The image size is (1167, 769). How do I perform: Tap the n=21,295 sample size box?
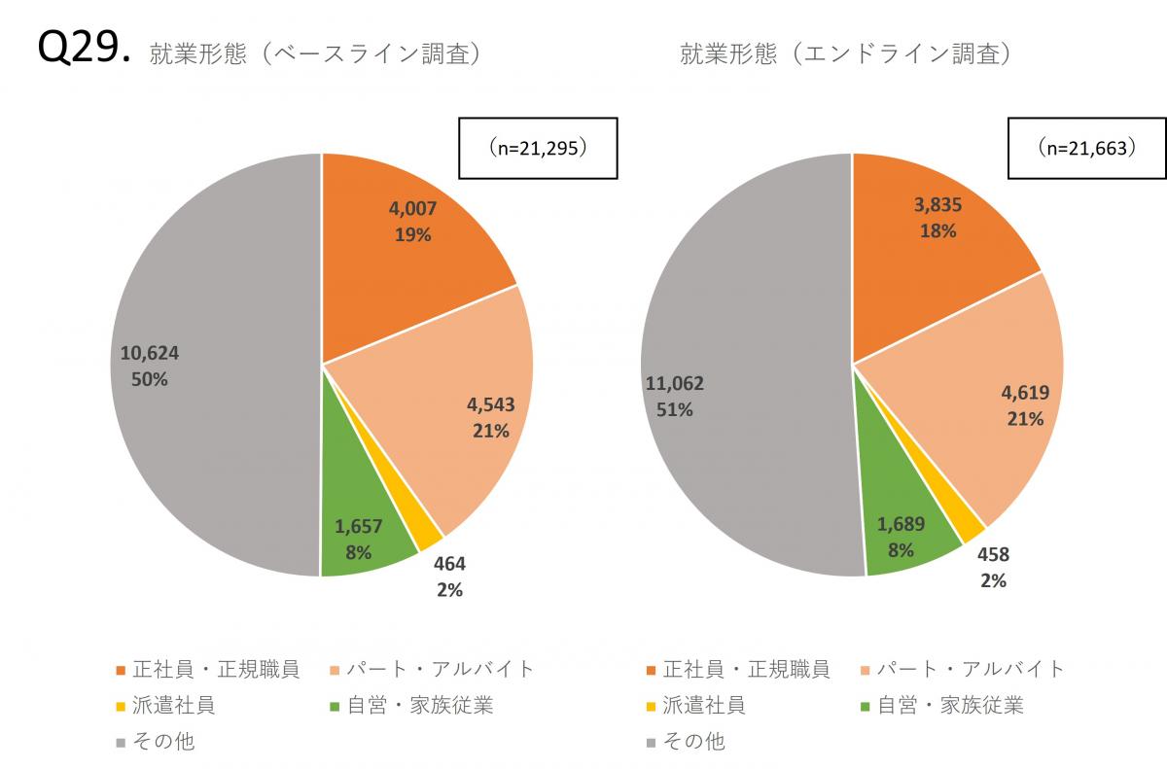(538, 150)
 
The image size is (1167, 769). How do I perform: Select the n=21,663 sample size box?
(1087, 149)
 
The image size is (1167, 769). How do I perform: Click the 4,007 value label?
(413, 208)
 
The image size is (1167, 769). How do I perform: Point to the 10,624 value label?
(150, 353)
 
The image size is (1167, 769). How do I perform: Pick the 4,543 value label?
(491, 404)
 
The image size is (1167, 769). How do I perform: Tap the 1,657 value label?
(359, 527)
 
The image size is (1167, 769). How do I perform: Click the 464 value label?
(449, 563)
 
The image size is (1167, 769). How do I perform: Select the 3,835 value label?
(936, 205)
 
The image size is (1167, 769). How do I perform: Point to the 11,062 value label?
(674, 384)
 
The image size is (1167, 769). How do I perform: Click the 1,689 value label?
(901, 525)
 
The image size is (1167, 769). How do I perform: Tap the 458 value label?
(993, 555)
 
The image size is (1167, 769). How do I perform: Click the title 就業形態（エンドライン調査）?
(846, 54)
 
